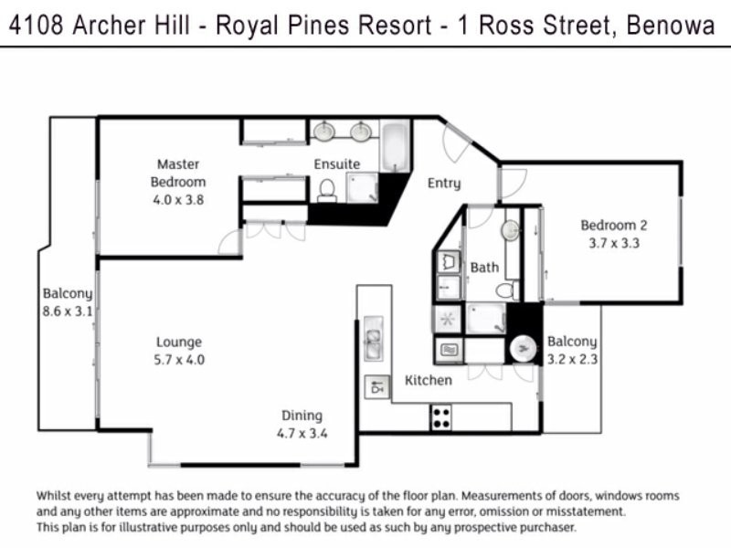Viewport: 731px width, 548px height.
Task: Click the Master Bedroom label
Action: coord(178,173)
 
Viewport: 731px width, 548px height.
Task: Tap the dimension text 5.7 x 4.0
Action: coord(179,360)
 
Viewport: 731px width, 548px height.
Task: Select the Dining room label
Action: coord(302,416)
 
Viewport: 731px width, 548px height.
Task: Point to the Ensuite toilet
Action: coord(327,189)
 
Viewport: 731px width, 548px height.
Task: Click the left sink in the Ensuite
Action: coord(324,132)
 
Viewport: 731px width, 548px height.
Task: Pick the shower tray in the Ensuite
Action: coord(364,188)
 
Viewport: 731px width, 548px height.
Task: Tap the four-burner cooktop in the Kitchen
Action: coord(441,416)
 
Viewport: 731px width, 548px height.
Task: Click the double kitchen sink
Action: coord(374,338)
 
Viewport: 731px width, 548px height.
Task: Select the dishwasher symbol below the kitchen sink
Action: coord(375,387)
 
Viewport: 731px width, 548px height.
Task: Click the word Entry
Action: coord(444,184)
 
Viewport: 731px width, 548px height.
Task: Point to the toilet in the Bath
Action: coord(505,290)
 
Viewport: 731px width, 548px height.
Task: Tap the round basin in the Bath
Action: coord(510,230)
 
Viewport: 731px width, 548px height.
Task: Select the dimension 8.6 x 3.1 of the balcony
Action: coord(67,311)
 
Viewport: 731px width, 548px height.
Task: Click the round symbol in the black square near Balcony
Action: coord(524,348)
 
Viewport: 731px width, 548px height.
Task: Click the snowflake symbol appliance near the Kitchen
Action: coord(448,320)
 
